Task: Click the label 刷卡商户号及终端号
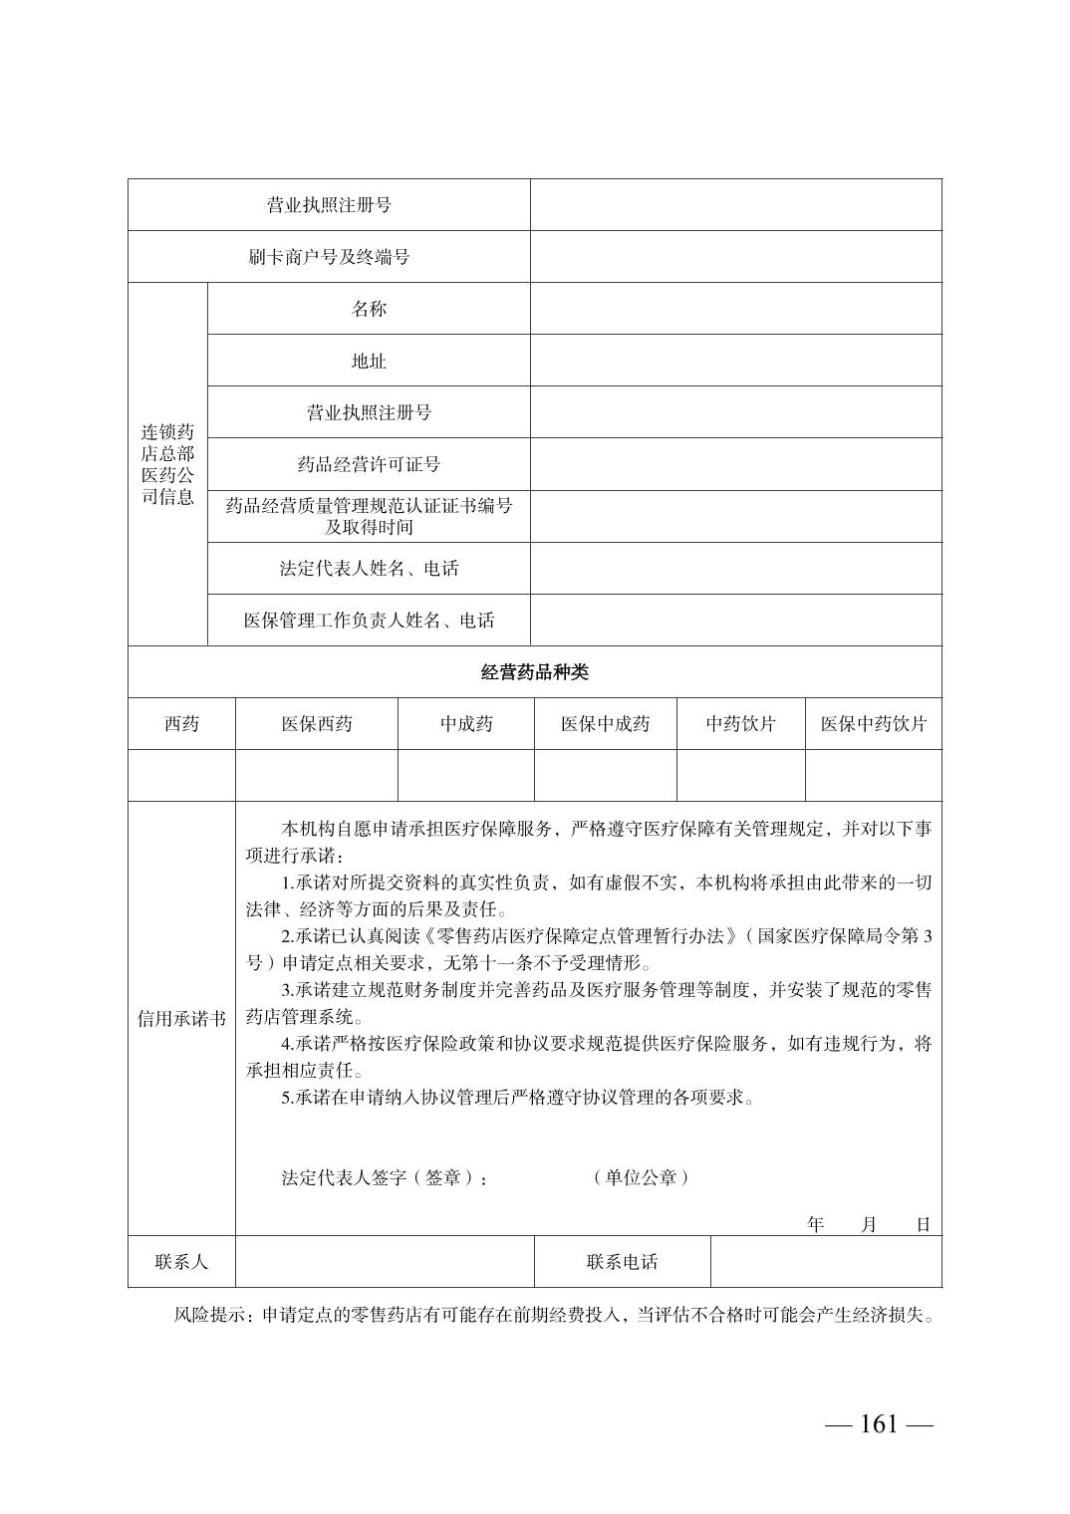(x=329, y=257)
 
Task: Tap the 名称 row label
(x=369, y=309)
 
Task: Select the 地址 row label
(x=369, y=361)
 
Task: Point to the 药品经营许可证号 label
(x=369, y=464)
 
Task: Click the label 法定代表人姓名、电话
(x=369, y=569)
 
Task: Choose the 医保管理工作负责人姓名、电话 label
(x=369, y=621)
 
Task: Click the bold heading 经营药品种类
(x=535, y=672)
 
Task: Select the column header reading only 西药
(x=181, y=724)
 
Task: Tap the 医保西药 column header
(x=317, y=724)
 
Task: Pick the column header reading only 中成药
(x=466, y=724)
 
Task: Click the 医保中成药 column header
(x=606, y=724)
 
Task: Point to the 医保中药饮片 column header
(x=874, y=724)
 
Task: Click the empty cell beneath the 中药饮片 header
(x=741, y=776)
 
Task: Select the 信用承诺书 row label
(x=181, y=1019)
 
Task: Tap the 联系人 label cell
(x=181, y=1262)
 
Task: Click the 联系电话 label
(x=623, y=1262)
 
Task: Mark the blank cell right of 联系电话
(x=826, y=1262)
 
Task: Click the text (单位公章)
(x=640, y=1177)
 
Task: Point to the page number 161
(x=879, y=1424)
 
